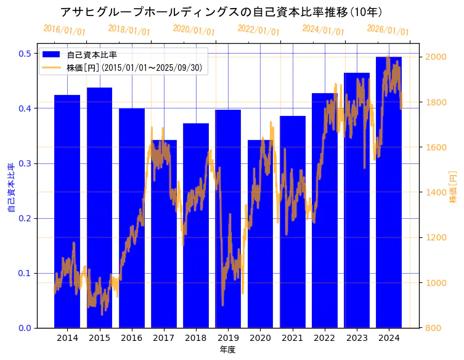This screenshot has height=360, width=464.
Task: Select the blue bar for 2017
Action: click(164, 234)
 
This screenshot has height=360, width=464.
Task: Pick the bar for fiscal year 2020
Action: click(260, 234)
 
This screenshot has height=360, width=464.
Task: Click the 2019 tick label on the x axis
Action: click(228, 338)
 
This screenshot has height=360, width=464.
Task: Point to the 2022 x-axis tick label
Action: click(325, 338)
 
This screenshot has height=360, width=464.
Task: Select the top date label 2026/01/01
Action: click(388, 30)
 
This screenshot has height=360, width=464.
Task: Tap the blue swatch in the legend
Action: click(52, 55)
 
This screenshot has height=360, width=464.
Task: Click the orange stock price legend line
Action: click(52, 67)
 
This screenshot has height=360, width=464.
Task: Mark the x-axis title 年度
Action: click(228, 350)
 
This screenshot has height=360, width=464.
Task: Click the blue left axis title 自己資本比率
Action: click(10, 188)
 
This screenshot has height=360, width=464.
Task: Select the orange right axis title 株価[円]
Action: click(453, 188)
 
